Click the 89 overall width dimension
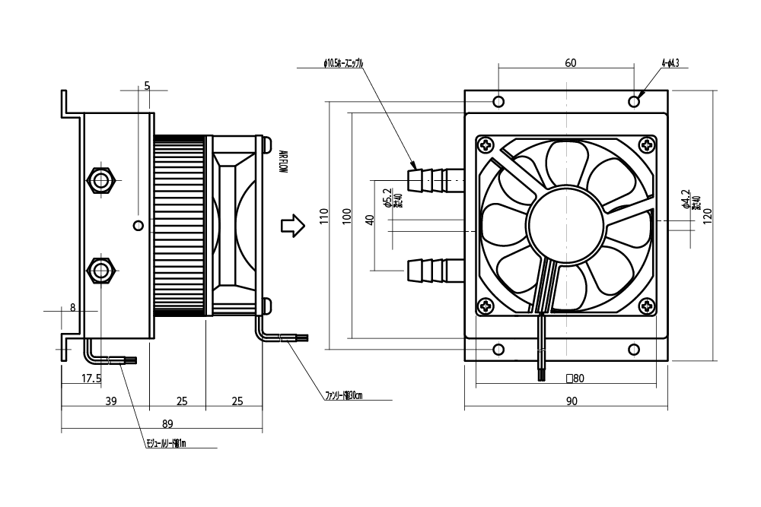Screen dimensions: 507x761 click(168, 424)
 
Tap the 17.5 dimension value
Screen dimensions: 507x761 click(91, 378)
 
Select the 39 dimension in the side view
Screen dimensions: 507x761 click(110, 401)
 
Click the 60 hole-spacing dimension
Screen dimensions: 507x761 click(570, 64)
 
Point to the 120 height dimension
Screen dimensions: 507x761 click(708, 218)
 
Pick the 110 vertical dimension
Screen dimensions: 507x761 click(324, 218)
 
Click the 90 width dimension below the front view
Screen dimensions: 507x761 click(572, 402)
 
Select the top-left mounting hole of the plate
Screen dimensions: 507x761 click(498, 102)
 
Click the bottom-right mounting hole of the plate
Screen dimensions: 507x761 click(634, 350)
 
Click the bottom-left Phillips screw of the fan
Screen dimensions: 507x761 click(486, 307)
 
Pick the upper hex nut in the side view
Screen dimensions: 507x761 click(100, 180)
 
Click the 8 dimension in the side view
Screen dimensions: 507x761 click(73, 308)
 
